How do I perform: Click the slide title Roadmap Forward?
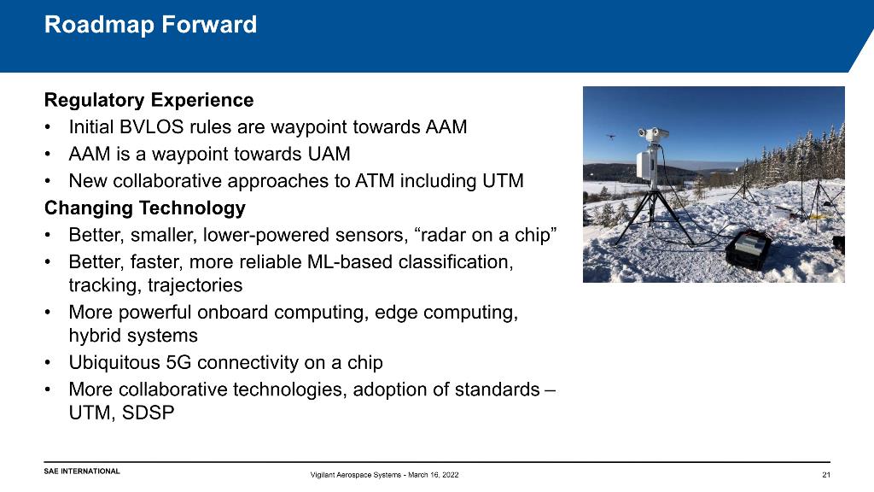[x=150, y=25]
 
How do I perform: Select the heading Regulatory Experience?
[x=149, y=101]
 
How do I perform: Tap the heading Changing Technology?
[x=145, y=208]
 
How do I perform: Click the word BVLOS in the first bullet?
[x=152, y=126]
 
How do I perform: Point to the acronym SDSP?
[x=148, y=413]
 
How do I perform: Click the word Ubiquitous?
[x=114, y=363]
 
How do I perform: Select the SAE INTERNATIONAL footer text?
[x=82, y=471]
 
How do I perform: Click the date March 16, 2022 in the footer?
[x=433, y=475]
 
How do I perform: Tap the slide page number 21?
[x=826, y=475]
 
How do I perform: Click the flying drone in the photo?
[x=611, y=136]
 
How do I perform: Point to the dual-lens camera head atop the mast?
[x=653, y=134]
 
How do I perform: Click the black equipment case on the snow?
[x=749, y=249]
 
